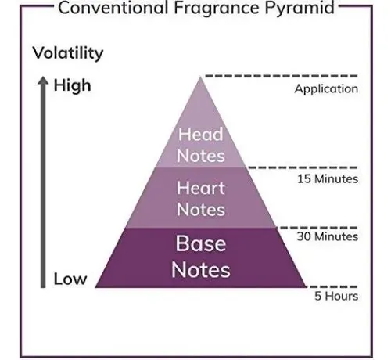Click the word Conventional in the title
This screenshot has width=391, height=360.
(x=113, y=7)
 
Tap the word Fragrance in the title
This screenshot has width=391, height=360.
(x=217, y=9)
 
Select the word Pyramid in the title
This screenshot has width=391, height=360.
(x=300, y=9)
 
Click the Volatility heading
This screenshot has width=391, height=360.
(x=68, y=53)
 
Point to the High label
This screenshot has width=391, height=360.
(x=72, y=85)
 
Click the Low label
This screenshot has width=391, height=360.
(x=70, y=279)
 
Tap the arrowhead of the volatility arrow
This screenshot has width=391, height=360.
(x=43, y=80)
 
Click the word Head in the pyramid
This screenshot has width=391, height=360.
(x=200, y=134)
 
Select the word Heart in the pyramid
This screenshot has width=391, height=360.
(x=201, y=188)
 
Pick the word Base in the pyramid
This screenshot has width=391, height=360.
(x=201, y=243)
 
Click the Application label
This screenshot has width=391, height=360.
(x=326, y=89)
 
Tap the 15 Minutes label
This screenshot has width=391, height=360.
(x=328, y=179)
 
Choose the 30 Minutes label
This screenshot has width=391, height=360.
(x=328, y=236)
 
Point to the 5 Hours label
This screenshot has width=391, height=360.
(x=336, y=296)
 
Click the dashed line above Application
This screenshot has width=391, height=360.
(x=282, y=76)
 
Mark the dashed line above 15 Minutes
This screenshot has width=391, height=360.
(x=303, y=167)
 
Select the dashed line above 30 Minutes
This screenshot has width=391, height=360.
(x=317, y=228)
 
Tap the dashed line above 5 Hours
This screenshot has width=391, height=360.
(x=332, y=286)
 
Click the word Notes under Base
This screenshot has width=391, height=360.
(x=201, y=270)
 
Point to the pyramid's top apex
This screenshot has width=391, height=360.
(x=200, y=77)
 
